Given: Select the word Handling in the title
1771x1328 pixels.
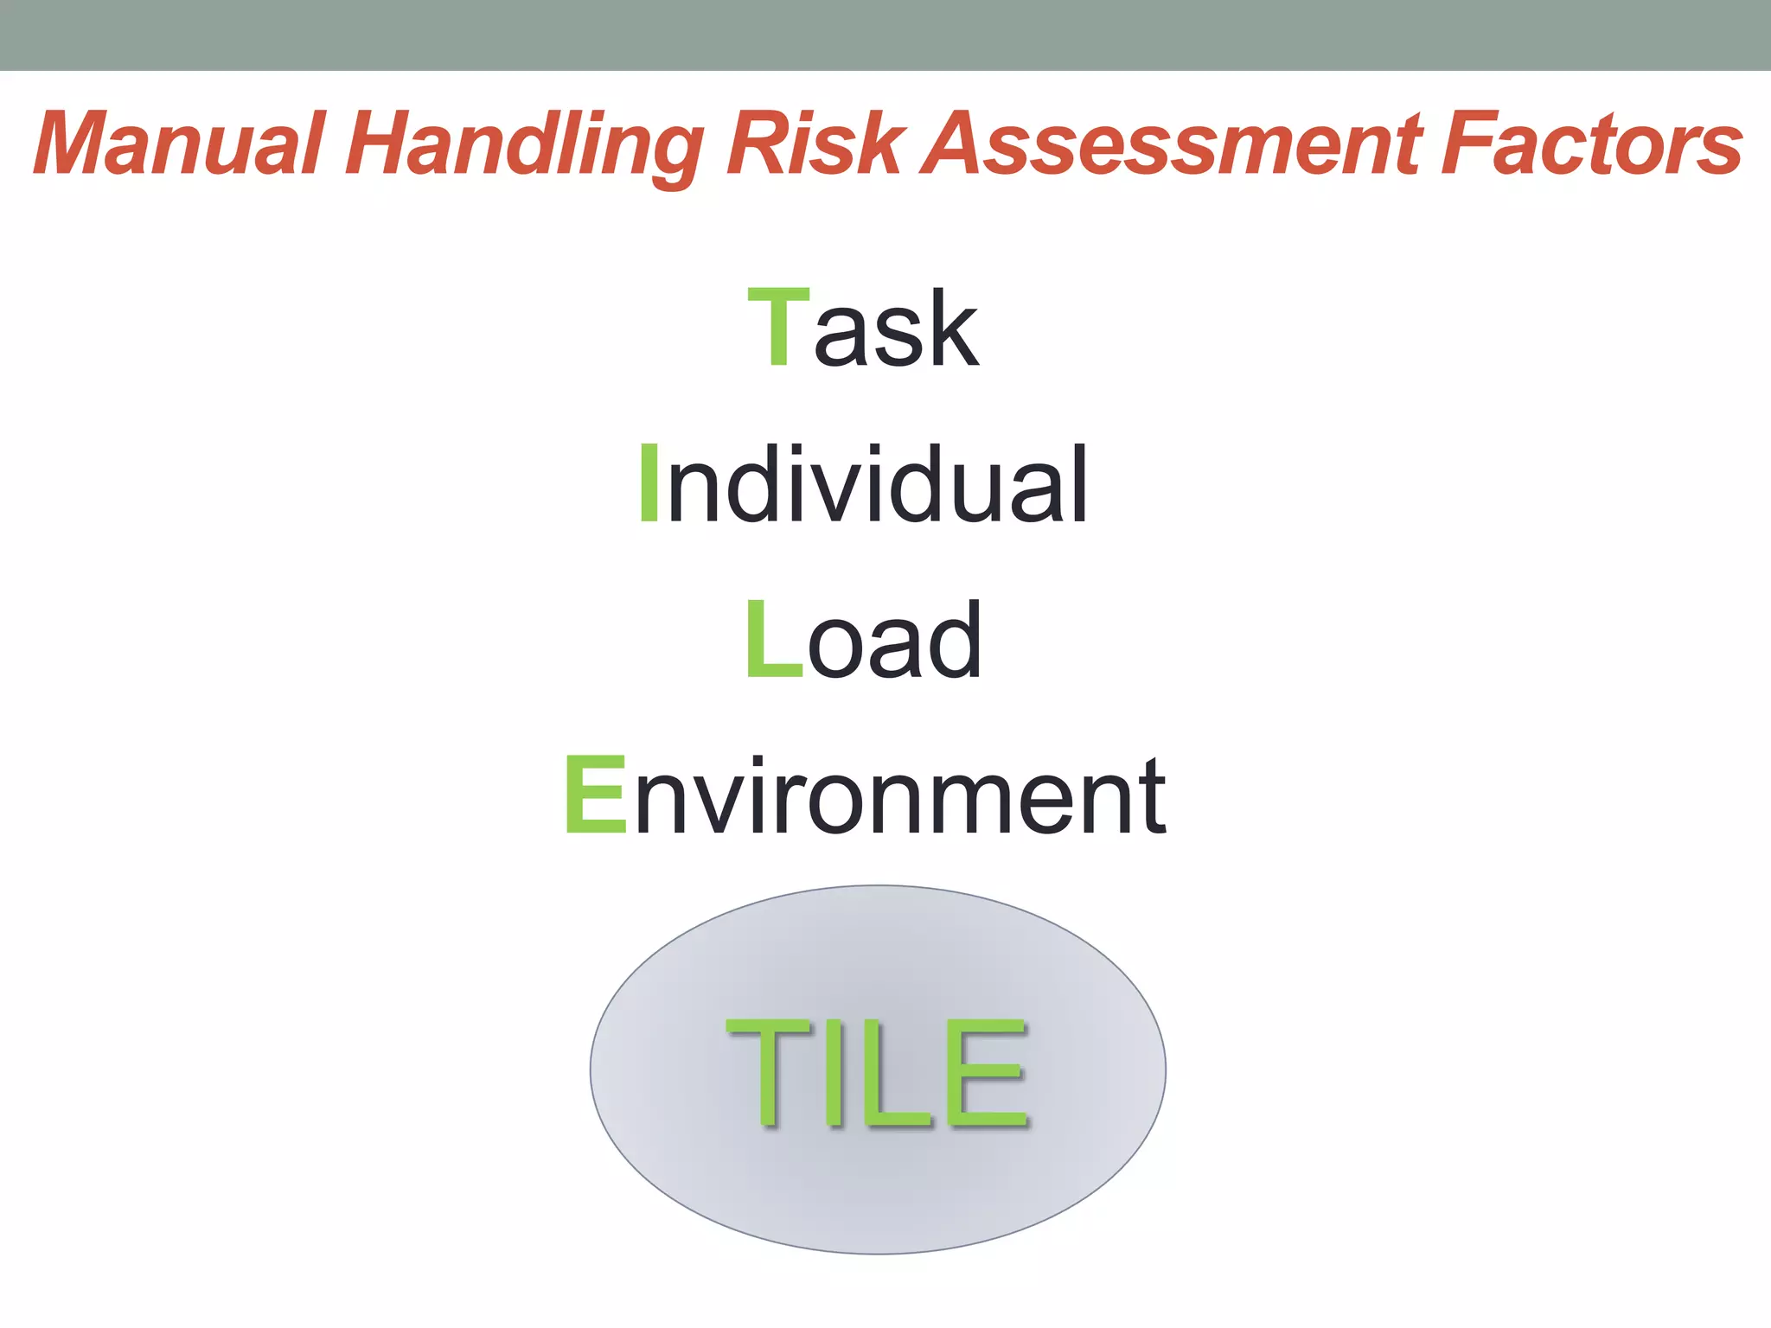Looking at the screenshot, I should click(x=525, y=145).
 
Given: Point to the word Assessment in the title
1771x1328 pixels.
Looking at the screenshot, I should click(x=1172, y=144).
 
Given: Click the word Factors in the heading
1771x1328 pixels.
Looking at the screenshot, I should click(x=1591, y=144).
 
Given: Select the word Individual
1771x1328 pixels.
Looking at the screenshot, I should click(x=863, y=484).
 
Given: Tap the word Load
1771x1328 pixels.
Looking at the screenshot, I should click(x=863, y=640).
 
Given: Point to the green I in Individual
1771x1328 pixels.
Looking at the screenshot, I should click(x=649, y=484).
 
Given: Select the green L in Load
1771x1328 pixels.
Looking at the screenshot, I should click(x=772, y=640).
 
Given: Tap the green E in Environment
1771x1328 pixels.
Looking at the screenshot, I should click(x=595, y=795).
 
